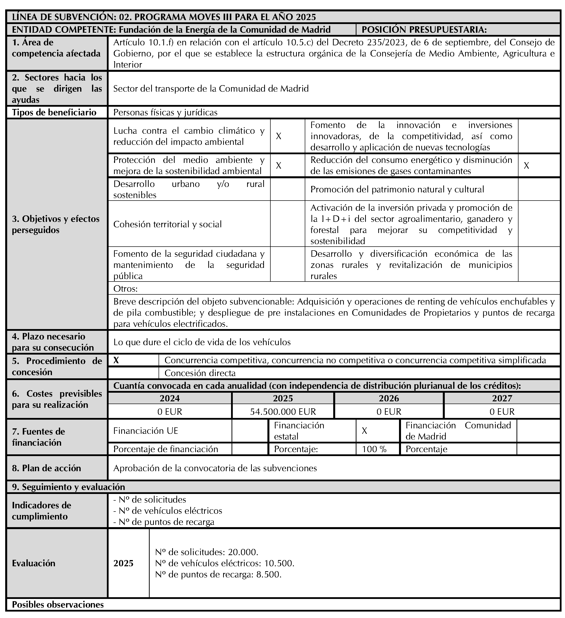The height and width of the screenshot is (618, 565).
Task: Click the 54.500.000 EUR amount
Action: click(283, 412)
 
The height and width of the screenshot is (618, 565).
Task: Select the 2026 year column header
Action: click(389, 398)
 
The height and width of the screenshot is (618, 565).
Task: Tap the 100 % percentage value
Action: click(374, 449)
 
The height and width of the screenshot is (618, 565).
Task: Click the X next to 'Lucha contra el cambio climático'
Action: click(278, 136)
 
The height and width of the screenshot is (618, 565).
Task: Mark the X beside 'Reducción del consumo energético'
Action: click(526, 166)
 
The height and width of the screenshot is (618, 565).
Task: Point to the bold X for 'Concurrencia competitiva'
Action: click(116, 360)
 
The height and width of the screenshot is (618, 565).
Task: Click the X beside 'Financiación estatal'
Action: click(364, 431)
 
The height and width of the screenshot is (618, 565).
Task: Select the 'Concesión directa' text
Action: click(200, 373)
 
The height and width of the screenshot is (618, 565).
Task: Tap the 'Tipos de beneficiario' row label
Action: click(54, 112)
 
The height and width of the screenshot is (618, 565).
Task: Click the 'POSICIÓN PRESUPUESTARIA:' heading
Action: click(424, 29)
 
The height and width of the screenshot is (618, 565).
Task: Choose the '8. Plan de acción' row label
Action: click(47, 468)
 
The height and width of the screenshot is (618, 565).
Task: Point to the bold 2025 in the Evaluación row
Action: click(123, 563)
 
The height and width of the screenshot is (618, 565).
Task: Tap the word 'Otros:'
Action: click(125, 288)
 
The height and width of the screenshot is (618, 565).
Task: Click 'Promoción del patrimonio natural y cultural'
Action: click(397, 189)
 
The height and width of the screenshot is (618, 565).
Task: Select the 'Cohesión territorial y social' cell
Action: click(167, 224)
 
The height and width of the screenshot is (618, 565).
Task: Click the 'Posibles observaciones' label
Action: click(58, 605)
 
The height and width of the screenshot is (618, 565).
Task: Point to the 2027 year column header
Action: click(502, 398)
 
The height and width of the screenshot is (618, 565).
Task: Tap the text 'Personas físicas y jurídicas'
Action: click(165, 112)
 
